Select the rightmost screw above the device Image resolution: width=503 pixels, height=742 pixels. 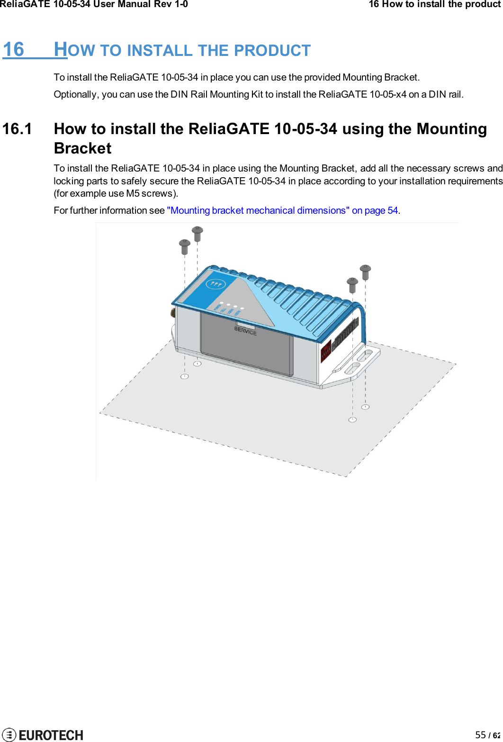tap(365, 271)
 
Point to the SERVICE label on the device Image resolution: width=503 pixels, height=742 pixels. tap(245, 330)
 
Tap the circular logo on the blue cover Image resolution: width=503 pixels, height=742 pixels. tap(216, 285)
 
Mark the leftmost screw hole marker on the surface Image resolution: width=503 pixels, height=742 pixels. tap(185, 376)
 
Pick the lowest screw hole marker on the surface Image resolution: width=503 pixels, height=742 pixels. tap(352, 419)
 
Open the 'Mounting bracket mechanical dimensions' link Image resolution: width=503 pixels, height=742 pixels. tap(282, 210)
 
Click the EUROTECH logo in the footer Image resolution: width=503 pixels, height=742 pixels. tap(43, 734)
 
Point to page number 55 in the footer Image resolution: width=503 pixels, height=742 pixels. tap(480, 735)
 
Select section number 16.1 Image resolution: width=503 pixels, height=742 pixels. tap(18, 129)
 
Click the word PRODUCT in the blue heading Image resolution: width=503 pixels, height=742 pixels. tap(272, 50)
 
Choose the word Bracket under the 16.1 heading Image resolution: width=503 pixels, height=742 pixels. tap(83, 148)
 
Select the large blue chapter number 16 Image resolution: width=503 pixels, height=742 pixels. tap(14, 49)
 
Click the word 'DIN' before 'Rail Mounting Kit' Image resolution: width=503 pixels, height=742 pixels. tap(180, 94)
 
